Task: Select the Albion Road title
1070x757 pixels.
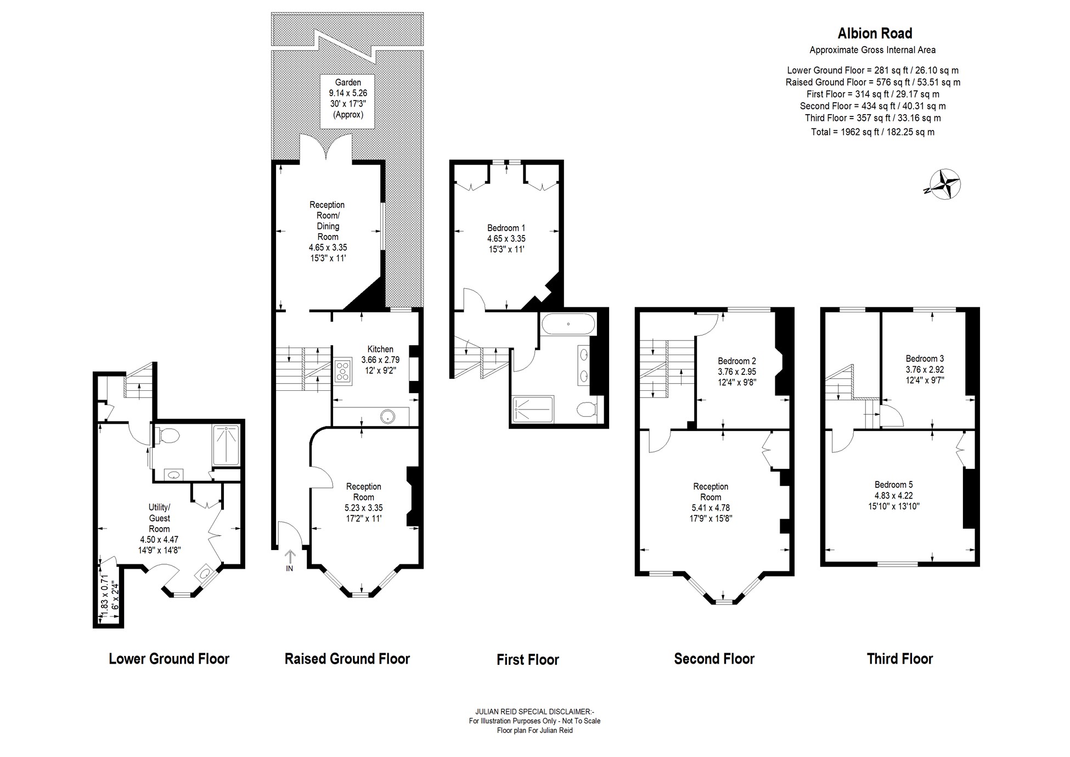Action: tap(875, 33)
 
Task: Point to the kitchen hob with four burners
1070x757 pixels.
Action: tap(343, 370)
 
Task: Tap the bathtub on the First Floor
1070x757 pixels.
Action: tap(568, 324)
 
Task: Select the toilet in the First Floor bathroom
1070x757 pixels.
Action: tap(587, 410)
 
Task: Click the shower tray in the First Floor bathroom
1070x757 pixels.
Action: tap(533, 409)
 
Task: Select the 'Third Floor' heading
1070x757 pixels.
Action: tap(900, 659)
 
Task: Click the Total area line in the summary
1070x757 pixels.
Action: tap(872, 132)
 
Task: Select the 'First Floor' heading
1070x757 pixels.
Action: tap(528, 659)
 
